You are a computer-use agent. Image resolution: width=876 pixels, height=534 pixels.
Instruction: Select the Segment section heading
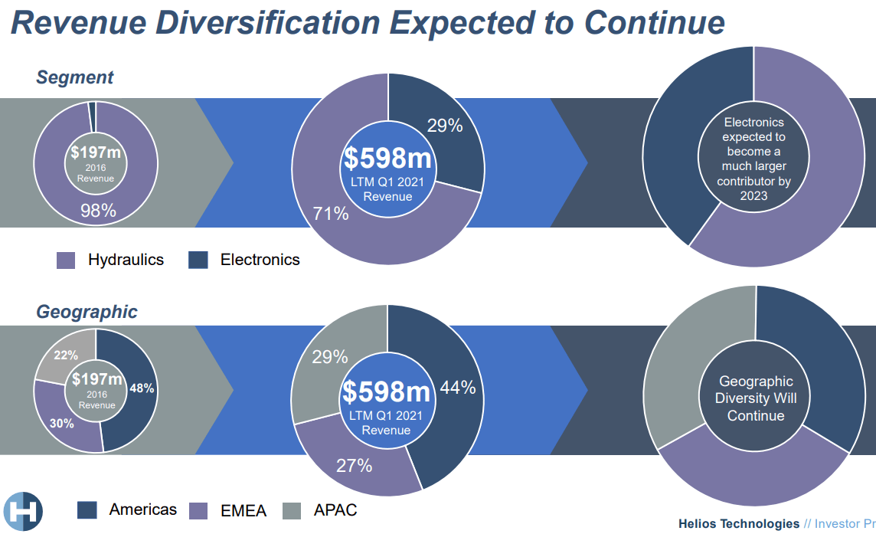[x=74, y=77]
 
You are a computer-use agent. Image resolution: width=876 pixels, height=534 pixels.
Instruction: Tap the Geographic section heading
[x=87, y=312]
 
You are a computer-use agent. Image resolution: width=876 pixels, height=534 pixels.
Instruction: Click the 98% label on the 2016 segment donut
[x=98, y=211]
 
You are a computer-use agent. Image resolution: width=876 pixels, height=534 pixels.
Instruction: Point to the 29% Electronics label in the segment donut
[x=445, y=126]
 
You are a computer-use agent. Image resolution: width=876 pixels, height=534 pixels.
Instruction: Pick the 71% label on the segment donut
[x=330, y=214]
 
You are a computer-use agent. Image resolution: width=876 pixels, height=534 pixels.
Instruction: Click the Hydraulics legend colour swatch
[x=66, y=260]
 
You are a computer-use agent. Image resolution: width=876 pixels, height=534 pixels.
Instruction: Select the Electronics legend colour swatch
[x=198, y=260]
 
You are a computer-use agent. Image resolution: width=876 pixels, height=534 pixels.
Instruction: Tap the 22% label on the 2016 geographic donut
[x=67, y=355]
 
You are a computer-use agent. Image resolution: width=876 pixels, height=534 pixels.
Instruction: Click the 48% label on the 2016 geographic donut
[x=142, y=388]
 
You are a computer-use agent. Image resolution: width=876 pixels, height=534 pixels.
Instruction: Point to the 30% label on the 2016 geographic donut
[x=62, y=423]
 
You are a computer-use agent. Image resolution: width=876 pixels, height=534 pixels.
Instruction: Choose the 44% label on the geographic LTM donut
[x=458, y=388]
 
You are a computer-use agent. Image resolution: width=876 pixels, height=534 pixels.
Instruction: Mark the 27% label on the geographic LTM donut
[x=354, y=465]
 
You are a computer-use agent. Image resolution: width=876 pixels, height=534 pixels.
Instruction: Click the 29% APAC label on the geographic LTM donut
[x=330, y=356]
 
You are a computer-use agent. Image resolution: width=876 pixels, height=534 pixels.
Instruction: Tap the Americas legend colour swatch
[x=87, y=509]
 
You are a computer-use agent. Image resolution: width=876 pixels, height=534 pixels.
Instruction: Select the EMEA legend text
[x=244, y=510]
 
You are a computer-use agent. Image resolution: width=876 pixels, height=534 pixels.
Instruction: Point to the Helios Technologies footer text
[x=738, y=524]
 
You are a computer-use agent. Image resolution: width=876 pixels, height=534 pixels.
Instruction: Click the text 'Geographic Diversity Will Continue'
[x=756, y=398]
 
